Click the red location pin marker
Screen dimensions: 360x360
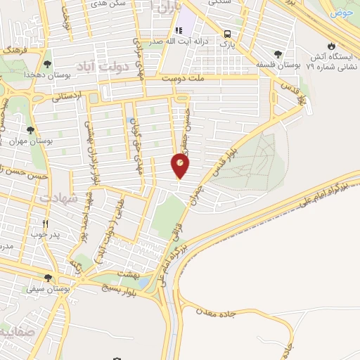tap(180, 166)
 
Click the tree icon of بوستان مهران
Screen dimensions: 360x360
tap(30, 130)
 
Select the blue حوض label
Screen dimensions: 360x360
tap(343, 13)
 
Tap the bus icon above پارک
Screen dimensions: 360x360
tap(227, 33)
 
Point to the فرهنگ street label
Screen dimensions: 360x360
tap(15, 51)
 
